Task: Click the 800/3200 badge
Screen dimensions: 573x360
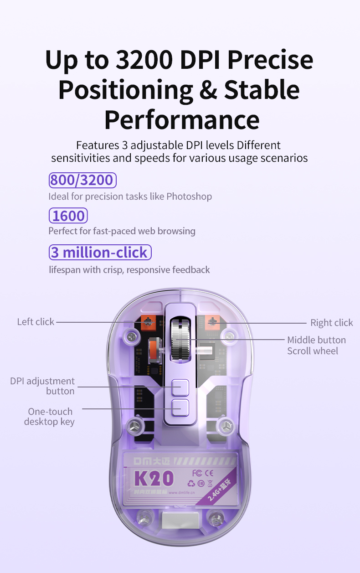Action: pyautogui.click(x=82, y=180)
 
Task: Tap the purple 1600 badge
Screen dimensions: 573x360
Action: pyautogui.click(x=68, y=216)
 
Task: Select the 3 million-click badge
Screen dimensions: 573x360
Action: pyautogui.click(x=100, y=252)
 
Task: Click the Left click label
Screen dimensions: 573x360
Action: pyautogui.click(x=36, y=322)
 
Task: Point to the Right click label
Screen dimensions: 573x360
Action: pyautogui.click(x=331, y=323)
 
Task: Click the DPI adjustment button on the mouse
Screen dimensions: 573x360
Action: pyautogui.click(x=180, y=387)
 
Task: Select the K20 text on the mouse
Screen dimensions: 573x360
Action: pyautogui.click(x=154, y=478)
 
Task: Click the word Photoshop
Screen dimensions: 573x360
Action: pyautogui.click(x=189, y=196)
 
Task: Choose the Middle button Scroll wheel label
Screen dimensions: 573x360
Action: pyautogui.click(x=316, y=346)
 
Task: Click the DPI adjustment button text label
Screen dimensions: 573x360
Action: pyautogui.click(x=43, y=386)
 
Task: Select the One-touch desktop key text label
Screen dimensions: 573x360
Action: pyautogui.click(x=49, y=417)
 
